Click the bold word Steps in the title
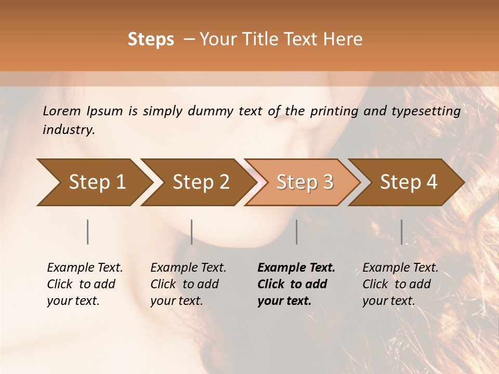click(x=151, y=39)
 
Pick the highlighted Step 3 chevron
click(x=305, y=182)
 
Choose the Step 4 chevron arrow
click(x=409, y=182)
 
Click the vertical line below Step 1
click(x=88, y=232)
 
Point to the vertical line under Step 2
click(x=192, y=232)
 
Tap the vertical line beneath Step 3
click(x=297, y=232)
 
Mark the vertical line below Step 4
click(x=402, y=232)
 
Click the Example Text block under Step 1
click(x=85, y=284)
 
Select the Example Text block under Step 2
click(x=188, y=284)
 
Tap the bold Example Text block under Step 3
click(x=296, y=284)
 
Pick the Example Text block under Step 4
click(x=400, y=284)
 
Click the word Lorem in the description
click(x=62, y=111)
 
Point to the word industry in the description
click(x=69, y=130)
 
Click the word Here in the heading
click(x=344, y=39)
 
